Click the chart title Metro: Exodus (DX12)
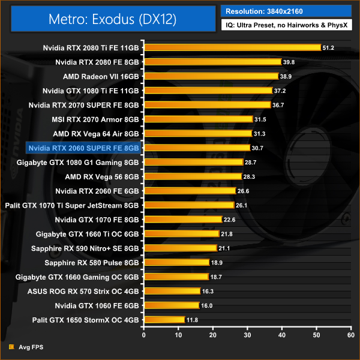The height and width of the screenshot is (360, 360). coord(113,19)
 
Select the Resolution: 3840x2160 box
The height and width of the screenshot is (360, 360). coord(286,11)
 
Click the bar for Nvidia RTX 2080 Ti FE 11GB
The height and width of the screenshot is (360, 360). coord(232,47)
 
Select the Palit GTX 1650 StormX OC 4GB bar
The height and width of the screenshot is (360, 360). coord(164,320)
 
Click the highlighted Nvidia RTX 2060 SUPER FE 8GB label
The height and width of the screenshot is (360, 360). coord(83,148)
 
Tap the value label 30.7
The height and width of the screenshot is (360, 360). coord(257,148)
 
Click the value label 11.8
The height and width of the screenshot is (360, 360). coord(192,320)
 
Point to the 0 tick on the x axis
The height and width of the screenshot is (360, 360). coord(143,335)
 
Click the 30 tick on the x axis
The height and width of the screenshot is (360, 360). coord(247,335)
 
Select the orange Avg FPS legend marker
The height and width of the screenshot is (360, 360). coord(11,346)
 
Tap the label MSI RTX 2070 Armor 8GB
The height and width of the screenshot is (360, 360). coord(95,119)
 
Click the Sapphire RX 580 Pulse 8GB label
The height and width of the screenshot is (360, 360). coord(92,262)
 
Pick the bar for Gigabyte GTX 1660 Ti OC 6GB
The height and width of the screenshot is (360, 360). coord(181,233)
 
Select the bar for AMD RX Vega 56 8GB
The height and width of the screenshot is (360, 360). coord(192,176)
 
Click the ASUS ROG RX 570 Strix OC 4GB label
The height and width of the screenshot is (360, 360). coord(83,291)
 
